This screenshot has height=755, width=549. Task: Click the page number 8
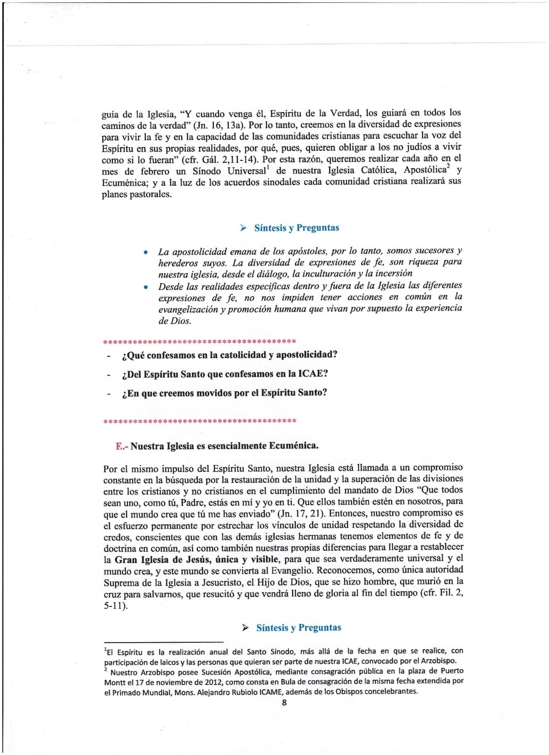point(284,703)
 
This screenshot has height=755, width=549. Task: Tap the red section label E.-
point(122,446)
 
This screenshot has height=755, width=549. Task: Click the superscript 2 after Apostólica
point(448,167)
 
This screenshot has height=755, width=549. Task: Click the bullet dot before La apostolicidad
point(147,252)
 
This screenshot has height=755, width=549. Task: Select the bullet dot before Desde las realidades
point(147,287)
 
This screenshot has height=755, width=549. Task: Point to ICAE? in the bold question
point(313,374)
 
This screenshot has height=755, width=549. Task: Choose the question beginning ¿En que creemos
point(224,393)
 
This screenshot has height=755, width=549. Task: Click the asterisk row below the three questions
point(199,420)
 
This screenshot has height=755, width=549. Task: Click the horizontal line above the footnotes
point(163,642)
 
